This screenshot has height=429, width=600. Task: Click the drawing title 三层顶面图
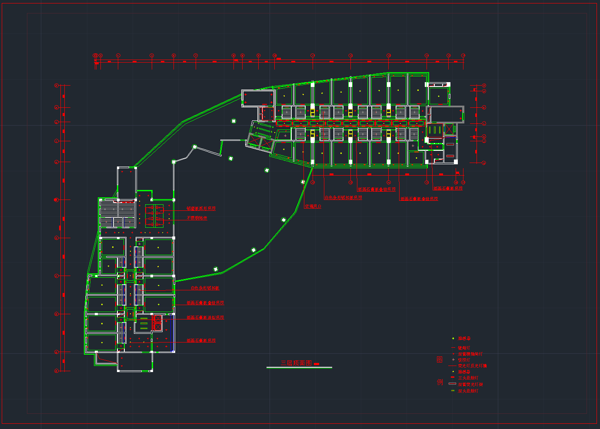coord(296,363)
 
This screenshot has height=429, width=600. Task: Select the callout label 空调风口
coord(313,206)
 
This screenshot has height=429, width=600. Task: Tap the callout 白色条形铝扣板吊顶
coord(343,197)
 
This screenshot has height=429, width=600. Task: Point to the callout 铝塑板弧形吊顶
coord(201,209)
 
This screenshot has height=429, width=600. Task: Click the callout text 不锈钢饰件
coord(197,218)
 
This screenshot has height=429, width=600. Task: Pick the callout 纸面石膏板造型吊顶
coord(205,317)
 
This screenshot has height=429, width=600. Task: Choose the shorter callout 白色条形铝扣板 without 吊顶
coord(205,288)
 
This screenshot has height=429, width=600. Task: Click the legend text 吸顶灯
coord(464,360)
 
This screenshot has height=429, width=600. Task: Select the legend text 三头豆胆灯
coord(468,378)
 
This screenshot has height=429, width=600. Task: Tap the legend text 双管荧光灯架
coord(470,384)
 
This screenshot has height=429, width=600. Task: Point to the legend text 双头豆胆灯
coord(468,391)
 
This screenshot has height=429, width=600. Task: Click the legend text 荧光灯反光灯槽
coord(472,366)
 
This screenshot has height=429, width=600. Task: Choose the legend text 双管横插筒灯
coord(470,354)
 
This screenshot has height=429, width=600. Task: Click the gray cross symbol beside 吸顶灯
coord(453,359)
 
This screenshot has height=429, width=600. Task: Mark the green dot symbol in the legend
coord(453,338)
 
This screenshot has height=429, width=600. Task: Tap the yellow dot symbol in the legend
coord(453,372)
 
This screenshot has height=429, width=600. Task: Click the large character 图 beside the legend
coord(440,359)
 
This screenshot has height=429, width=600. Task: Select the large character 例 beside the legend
coord(440,382)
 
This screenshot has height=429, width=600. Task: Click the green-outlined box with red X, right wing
coord(449,129)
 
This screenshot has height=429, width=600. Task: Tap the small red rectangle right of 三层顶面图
coord(317,364)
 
